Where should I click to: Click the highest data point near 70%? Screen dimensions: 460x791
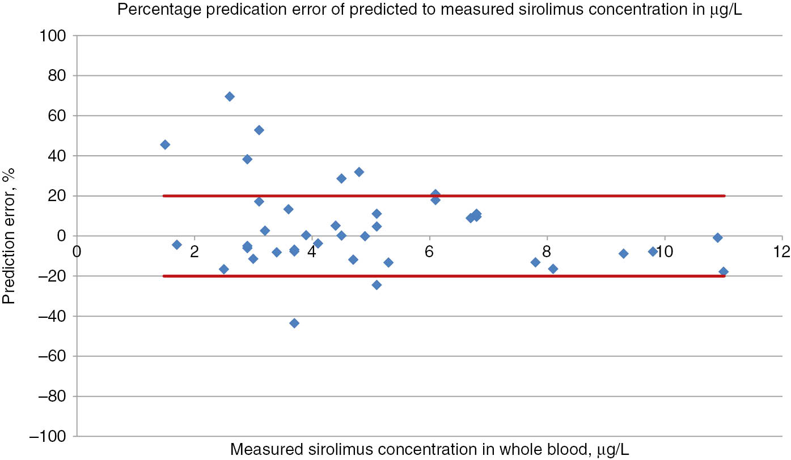[230, 96]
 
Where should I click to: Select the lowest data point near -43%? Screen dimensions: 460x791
[294, 323]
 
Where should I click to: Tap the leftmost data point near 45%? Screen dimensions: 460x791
[165, 144]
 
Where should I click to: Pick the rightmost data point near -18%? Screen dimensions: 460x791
[723, 272]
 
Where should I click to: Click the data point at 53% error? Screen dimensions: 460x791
[259, 130]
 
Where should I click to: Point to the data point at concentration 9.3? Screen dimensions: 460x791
[623, 254]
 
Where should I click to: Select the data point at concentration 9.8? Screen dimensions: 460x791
[653, 252]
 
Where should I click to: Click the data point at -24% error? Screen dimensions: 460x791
[377, 284]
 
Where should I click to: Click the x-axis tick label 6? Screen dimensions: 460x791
[429, 250]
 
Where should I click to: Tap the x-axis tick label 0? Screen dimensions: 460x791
[77, 250]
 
